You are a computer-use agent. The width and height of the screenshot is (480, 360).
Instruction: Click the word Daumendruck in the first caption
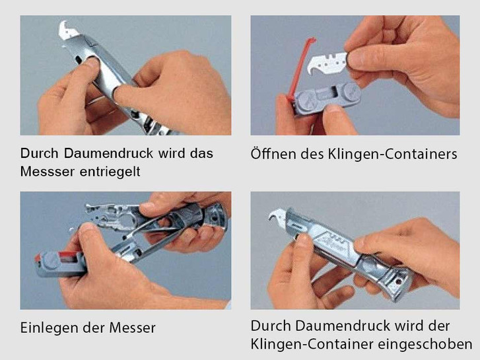[108, 153]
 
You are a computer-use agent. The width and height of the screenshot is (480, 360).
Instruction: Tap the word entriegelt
[110, 172]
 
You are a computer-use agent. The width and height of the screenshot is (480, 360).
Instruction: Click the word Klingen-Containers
[393, 154]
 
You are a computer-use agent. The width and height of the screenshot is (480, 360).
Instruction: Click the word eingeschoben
[425, 344]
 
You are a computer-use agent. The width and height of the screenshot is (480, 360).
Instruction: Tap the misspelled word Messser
[48, 172]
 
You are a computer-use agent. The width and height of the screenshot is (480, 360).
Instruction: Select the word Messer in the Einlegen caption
[133, 328]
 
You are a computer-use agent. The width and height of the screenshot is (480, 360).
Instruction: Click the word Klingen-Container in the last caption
[312, 344]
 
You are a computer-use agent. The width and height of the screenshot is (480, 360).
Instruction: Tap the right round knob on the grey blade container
[351, 92]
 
